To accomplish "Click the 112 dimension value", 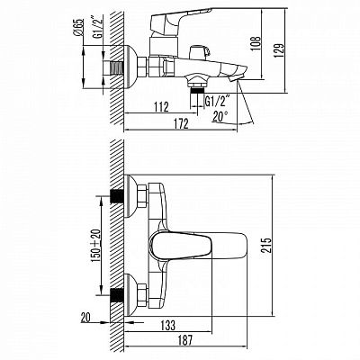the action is (161, 107).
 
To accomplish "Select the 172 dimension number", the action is (180, 123).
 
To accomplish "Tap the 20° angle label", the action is (220, 116).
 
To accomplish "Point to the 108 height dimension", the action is (256, 44).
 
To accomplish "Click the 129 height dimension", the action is (278, 50).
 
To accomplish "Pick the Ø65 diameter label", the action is (77, 28).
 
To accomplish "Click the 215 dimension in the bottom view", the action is (265, 245).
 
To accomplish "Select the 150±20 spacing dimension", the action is (95, 246).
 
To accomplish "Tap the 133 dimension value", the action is (168, 325).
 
